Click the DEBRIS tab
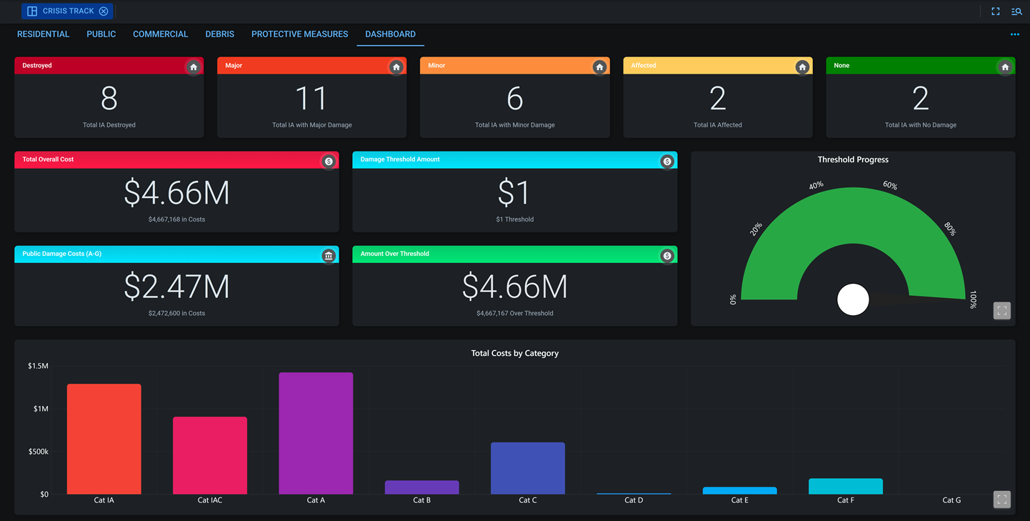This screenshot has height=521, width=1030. click(219, 34)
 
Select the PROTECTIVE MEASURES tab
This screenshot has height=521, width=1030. click(299, 34)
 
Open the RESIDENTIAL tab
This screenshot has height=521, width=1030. click(43, 34)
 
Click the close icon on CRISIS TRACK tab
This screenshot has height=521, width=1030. click(104, 11)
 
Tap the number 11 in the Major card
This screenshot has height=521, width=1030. click(311, 99)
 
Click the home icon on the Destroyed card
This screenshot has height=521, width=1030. click(193, 67)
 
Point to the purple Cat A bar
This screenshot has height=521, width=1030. click(316, 432)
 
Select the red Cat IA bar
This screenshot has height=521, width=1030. click(104, 439)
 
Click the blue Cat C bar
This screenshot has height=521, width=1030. click(527, 468)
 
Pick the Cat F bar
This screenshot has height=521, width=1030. click(845, 487)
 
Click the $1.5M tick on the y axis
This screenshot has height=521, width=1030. click(38, 366)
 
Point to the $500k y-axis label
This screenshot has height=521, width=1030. click(38, 452)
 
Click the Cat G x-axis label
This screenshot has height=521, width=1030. click(951, 500)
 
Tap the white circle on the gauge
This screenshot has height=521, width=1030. click(853, 299)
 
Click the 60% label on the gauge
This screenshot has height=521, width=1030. click(890, 185)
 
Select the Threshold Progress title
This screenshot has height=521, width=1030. click(853, 160)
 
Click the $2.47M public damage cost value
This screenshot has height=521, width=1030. click(176, 287)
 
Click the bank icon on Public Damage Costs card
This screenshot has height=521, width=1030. click(328, 256)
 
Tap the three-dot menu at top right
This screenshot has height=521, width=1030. click(1014, 34)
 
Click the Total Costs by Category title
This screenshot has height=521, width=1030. click(514, 353)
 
